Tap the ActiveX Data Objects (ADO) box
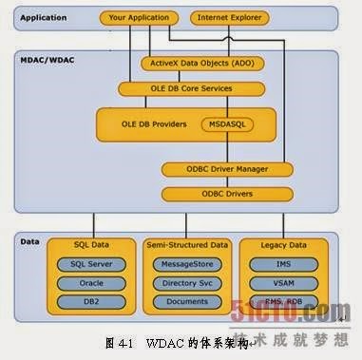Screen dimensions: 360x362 tap(201, 63)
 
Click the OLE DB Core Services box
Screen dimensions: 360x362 tap(188, 88)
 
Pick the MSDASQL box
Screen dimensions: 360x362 tap(224, 124)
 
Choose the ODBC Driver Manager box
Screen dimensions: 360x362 tap(214, 169)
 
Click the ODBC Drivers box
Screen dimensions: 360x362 tap(214, 194)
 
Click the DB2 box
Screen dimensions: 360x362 tap(93, 301)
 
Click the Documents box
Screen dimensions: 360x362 tap(186, 301)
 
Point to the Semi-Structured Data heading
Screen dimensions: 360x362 tap(186, 243)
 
